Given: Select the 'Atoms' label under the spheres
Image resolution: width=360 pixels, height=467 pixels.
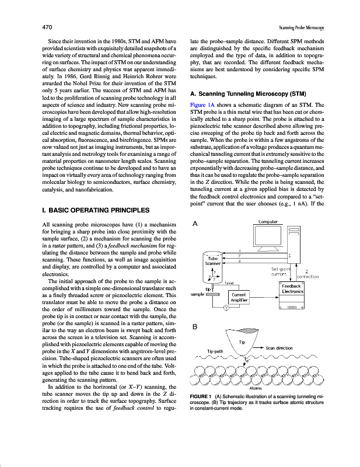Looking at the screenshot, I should (255, 387).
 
